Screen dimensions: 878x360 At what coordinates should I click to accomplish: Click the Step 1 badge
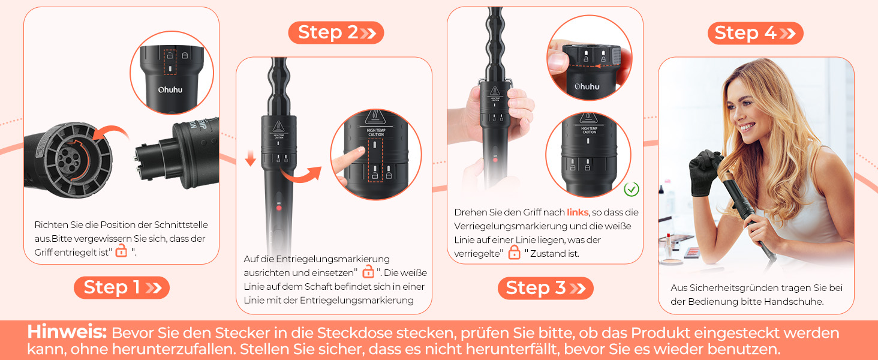122,287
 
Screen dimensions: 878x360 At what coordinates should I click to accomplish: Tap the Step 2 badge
336,32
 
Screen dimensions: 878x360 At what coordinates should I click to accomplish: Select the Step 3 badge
545,288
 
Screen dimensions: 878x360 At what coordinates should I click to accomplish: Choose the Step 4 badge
755,33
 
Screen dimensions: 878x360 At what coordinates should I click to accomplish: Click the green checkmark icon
631,190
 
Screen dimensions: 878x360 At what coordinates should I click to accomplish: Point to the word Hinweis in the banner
67,332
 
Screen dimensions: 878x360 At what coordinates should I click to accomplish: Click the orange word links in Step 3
578,212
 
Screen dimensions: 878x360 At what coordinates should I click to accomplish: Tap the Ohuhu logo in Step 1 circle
170,90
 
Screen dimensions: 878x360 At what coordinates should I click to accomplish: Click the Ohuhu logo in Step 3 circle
587,86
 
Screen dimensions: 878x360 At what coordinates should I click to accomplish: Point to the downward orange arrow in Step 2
251,157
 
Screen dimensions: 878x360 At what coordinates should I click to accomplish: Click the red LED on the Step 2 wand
279,208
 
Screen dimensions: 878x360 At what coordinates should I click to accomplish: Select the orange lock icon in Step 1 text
121,250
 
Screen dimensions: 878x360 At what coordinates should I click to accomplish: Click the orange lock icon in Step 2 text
368,271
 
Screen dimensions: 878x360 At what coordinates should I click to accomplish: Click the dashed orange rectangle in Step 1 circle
170,62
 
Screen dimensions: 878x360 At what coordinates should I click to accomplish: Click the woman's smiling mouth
747,127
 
